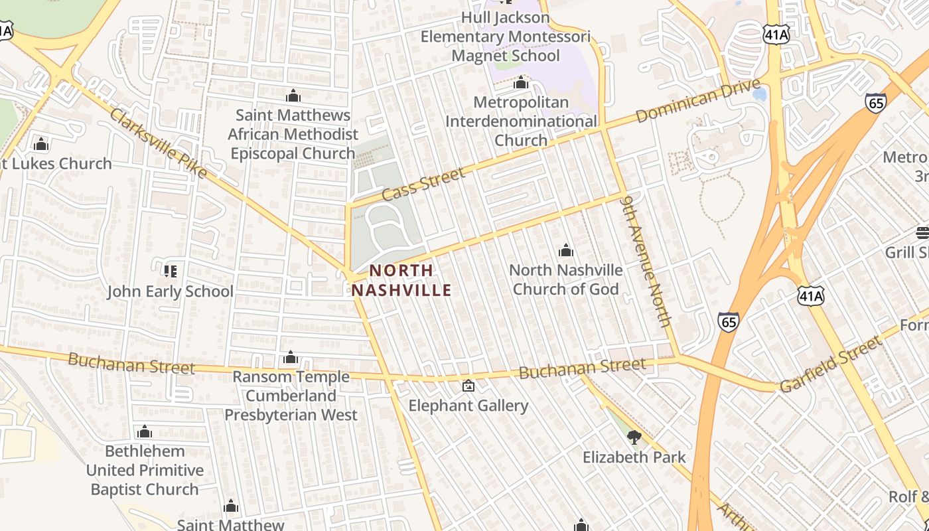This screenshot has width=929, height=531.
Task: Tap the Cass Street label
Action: [423, 185]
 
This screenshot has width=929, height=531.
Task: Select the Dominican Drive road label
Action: [697, 101]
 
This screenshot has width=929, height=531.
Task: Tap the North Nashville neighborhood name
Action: [401, 280]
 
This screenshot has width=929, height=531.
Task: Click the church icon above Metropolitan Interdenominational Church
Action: [521, 83]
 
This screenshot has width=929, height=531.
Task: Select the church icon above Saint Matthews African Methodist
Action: [293, 96]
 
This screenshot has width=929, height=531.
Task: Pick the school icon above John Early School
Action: [170, 271]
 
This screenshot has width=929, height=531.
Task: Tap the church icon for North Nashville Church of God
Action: [565, 251]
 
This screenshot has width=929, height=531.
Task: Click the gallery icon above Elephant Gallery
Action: [468, 386]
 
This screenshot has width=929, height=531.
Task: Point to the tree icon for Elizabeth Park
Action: [634, 437]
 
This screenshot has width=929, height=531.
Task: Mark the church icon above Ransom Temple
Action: [290, 358]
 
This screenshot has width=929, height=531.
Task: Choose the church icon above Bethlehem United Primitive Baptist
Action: [145, 432]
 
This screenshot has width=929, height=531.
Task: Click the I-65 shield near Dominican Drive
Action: [875, 102]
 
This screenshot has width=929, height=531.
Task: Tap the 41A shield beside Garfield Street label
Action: [810, 295]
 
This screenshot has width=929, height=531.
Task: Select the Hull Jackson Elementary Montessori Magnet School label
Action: [505, 37]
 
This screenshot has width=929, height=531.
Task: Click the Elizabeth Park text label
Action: [634, 457]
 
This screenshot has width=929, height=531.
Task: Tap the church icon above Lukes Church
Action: [41, 144]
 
